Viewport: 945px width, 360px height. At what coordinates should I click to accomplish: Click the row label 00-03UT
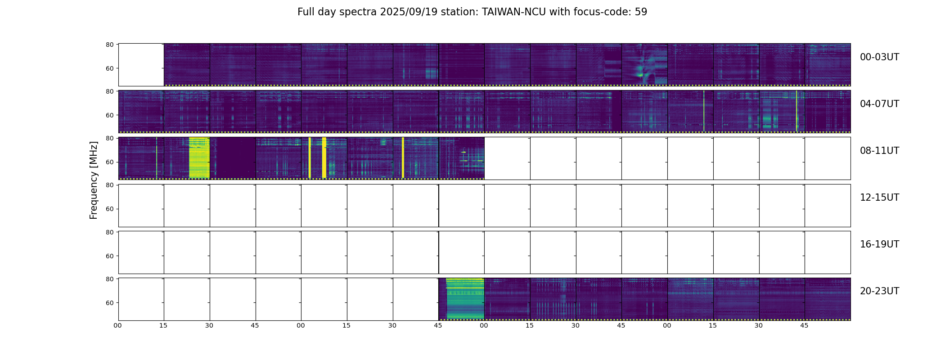[879, 57]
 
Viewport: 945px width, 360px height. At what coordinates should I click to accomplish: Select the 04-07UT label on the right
[879, 104]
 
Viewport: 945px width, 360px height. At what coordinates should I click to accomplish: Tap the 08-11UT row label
[879, 151]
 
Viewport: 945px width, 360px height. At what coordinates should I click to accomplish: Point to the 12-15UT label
[879, 198]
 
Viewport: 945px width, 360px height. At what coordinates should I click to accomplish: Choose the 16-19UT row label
[879, 244]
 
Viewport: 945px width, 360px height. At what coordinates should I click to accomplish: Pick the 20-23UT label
[879, 291]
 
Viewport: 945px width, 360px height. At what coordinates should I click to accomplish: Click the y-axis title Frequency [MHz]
[94, 180]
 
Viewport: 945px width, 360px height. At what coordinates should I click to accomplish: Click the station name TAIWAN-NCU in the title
[514, 12]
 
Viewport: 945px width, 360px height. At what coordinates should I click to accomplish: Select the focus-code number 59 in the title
[641, 12]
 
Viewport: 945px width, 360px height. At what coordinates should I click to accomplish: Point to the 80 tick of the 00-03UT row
[109, 45]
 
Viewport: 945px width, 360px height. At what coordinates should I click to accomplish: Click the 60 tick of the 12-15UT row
[109, 209]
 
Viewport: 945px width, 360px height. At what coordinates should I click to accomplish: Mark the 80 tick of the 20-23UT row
[109, 279]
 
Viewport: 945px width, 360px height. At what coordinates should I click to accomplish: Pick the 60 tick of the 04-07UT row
[109, 115]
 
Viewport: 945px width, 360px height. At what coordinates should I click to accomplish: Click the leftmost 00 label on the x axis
[118, 325]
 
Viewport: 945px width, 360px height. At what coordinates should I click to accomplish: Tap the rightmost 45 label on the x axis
[804, 325]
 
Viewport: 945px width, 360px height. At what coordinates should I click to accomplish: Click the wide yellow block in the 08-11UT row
[199, 157]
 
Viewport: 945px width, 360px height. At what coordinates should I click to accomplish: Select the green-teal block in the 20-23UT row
[465, 299]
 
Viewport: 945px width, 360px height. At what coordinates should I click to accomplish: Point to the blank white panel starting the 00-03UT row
[141, 64]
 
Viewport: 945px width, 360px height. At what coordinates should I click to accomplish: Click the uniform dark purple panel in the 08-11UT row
[233, 157]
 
